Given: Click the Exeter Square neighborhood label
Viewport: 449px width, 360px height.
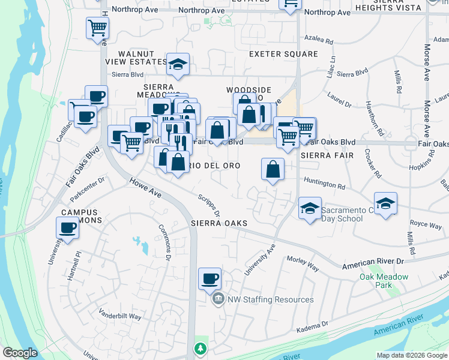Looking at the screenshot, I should (x=283, y=54).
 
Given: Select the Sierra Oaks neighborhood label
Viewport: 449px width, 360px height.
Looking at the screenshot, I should (x=219, y=223).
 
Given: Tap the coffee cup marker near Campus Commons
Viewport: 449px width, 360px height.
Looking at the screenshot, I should (x=67, y=229).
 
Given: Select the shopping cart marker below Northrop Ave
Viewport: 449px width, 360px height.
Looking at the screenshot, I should (x=97, y=28).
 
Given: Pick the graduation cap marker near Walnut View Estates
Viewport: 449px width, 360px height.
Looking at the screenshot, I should (x=178, y=65).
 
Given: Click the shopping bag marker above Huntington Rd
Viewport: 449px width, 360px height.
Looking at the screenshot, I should (x=273, y=169).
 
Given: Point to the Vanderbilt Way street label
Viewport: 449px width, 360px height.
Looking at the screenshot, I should (x=120, y=316).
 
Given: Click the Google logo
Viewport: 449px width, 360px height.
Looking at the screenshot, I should (x=20, y=353).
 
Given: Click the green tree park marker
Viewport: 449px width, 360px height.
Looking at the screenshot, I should (x=199, y=348).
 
